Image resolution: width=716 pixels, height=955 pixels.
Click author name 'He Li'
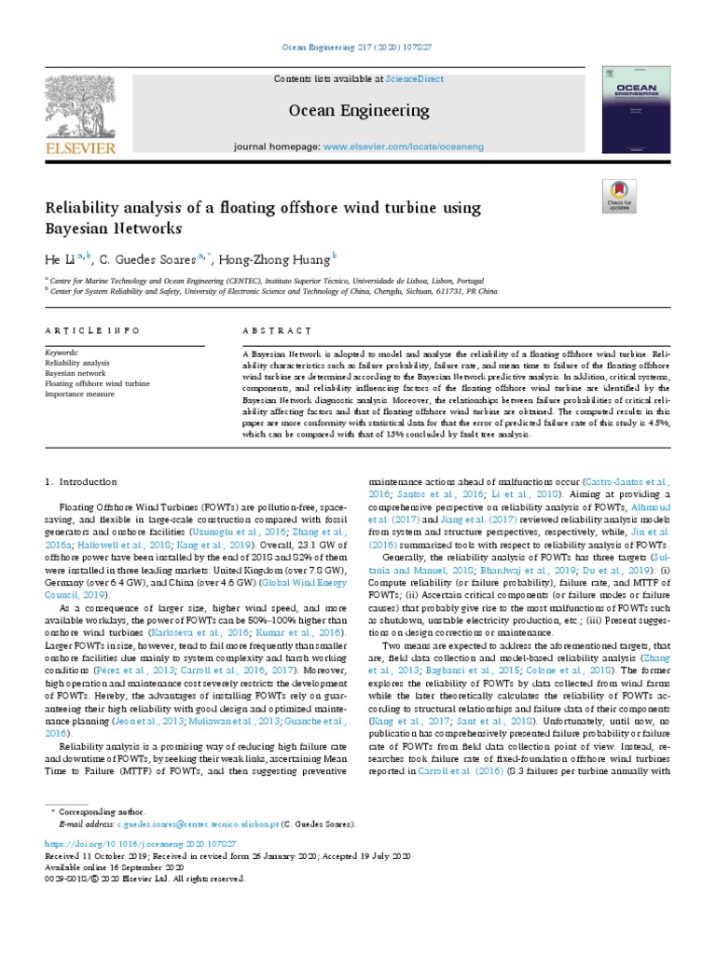60,257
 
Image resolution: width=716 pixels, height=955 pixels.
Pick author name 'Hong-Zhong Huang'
275,257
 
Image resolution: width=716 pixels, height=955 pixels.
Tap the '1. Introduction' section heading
82,481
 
